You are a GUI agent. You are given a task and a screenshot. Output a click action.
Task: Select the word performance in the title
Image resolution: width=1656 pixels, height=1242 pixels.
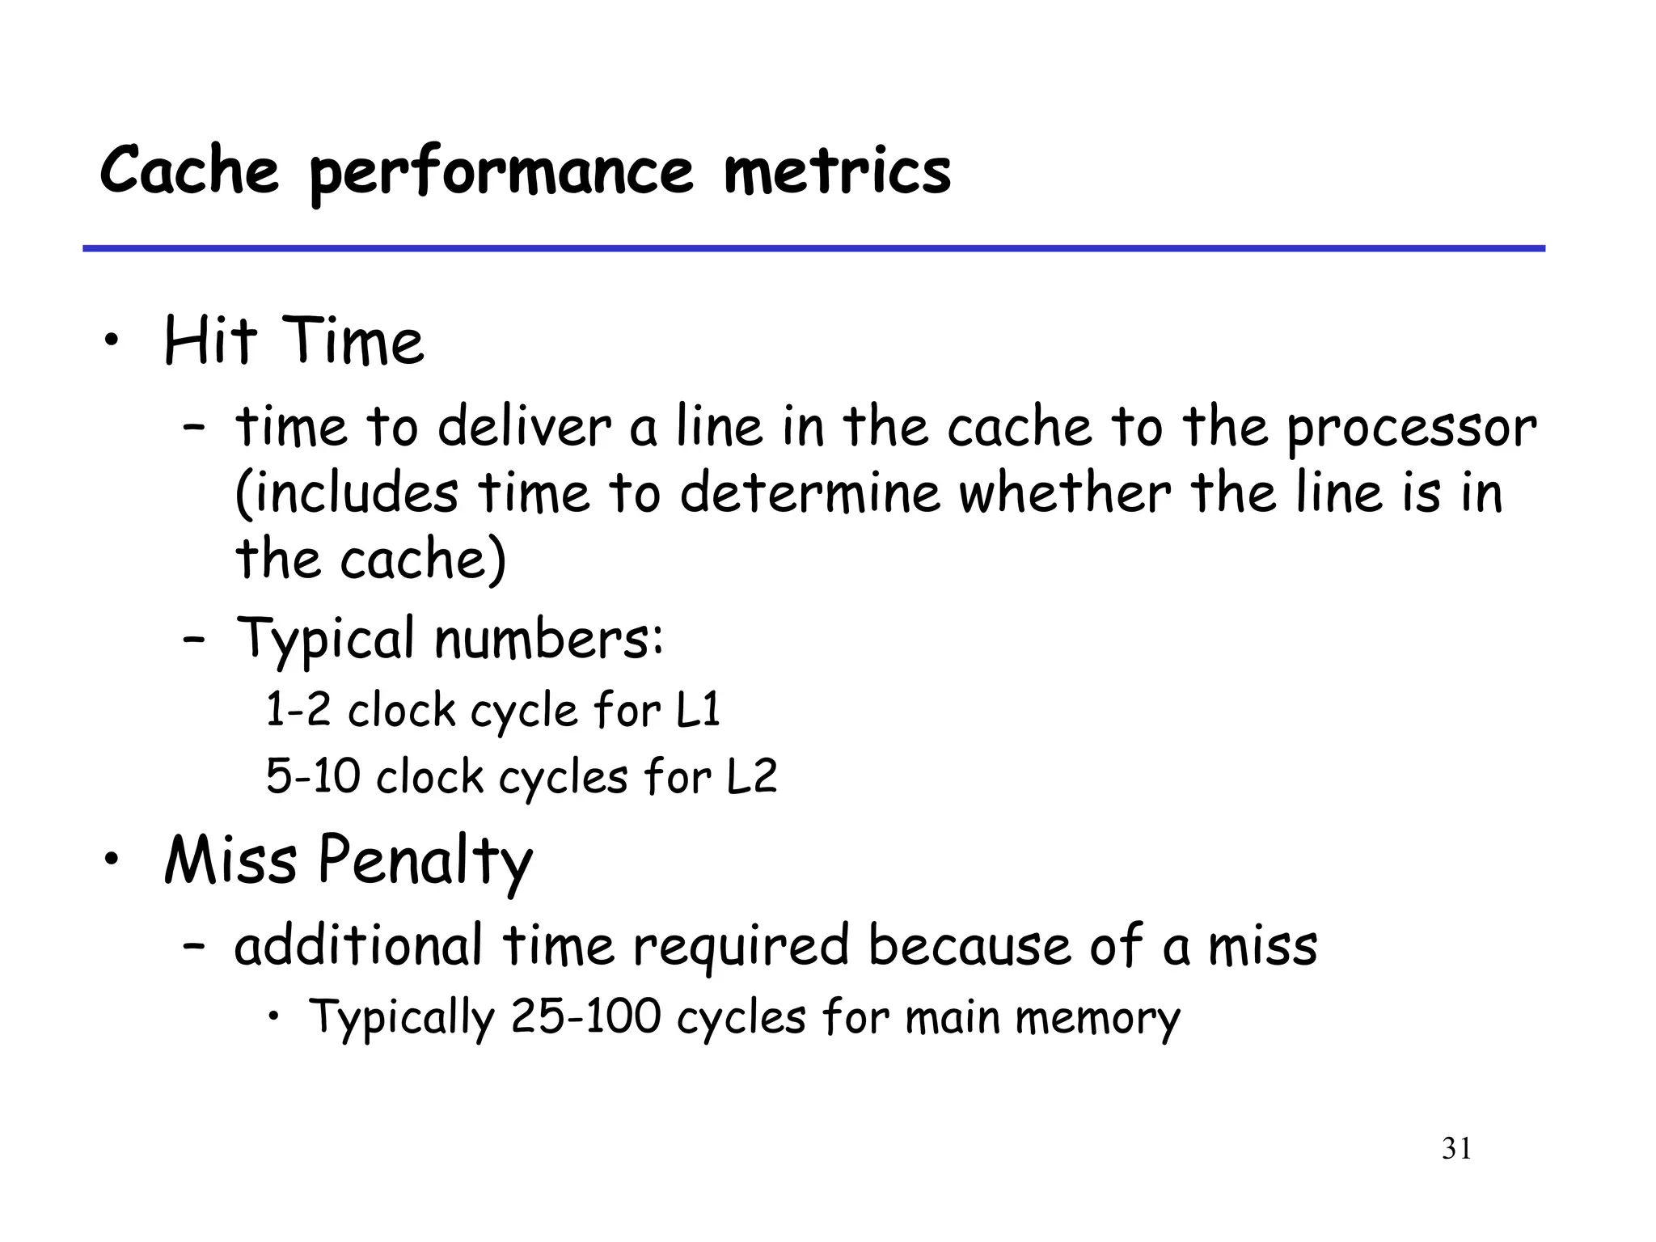tap(501, 173)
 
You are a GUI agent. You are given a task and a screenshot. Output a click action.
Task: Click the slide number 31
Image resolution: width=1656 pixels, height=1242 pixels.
tap(1456, 1149)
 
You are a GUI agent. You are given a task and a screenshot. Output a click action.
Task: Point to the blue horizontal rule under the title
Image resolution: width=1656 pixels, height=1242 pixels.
tap(813, 248)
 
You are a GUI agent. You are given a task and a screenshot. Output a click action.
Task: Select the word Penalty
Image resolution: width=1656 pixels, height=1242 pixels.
tap(425, 862)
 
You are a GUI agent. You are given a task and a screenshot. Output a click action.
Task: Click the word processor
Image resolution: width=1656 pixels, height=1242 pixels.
tap(1411, 429)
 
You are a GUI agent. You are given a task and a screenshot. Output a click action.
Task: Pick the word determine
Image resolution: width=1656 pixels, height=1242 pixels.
tap(810, 493)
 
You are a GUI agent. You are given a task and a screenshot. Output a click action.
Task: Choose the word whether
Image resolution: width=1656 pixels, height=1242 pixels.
tap(1064, 493)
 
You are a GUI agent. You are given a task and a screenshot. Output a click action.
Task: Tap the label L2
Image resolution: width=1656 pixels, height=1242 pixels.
tap(751, 776)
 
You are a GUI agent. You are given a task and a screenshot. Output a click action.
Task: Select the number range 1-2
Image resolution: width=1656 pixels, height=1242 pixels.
tap(298, 710)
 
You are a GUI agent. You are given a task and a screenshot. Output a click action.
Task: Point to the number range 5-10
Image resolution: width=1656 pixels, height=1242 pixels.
tap(313, 776)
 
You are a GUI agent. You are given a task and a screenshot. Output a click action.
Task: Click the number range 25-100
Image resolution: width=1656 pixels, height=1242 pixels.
tap(586, 1016)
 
